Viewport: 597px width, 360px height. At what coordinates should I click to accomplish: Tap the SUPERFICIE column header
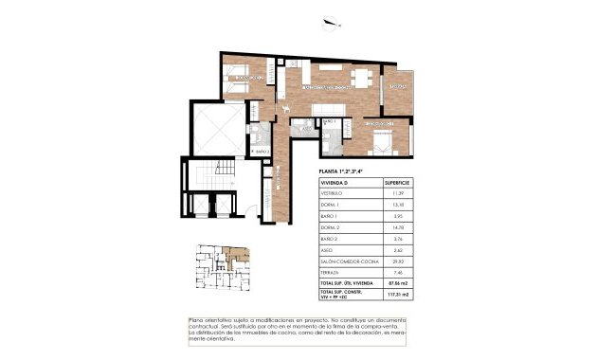[396, 182]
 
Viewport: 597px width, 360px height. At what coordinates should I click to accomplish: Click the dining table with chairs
[360, 78]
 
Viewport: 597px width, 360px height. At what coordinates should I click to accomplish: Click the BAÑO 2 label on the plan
[262, 151]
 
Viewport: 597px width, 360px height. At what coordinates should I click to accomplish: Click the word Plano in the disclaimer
[198, 320]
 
